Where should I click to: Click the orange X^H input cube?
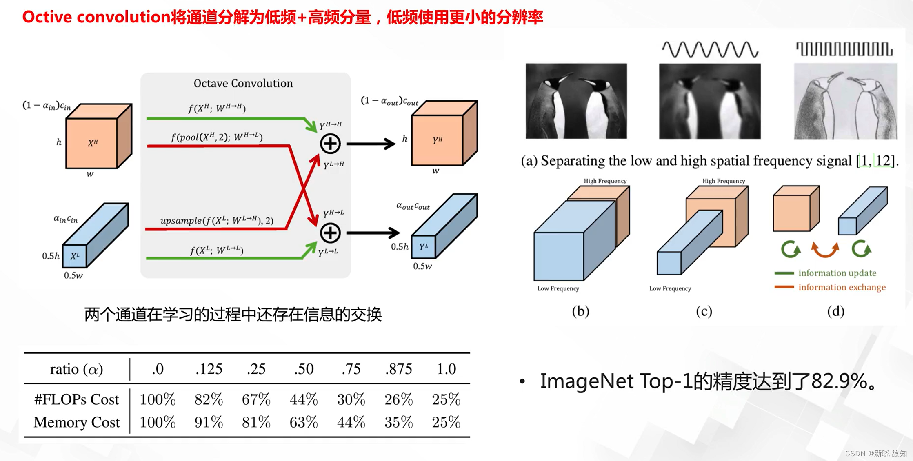(x=98, y=137)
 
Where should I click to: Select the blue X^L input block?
(x=95, y=235)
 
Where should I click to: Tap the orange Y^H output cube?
(x=444, y=133)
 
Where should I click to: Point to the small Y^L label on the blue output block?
(x=424, y=246)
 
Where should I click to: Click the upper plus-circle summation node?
(x=330, y=144)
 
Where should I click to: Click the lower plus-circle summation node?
(x=330, y=233)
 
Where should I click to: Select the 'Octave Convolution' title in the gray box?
(x=243, y=83)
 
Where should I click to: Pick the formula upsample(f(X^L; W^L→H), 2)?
(x=217, y=221)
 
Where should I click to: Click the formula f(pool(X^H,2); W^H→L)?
(x=217, y=137)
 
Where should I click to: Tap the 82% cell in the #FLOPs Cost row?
(x=209, y=399)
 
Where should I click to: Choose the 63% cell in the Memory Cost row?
(x=304, y=422)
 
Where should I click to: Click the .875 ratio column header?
(x=398, y=369)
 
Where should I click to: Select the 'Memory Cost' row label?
(x=77, y=422)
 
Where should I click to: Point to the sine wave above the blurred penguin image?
(x=710, y=49)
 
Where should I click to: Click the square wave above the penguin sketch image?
(x=844, y=49)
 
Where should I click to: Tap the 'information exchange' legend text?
(x=842, y=287)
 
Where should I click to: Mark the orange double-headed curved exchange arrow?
(x=825, y=250)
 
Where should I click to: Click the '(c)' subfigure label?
(x=704, y=311)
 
